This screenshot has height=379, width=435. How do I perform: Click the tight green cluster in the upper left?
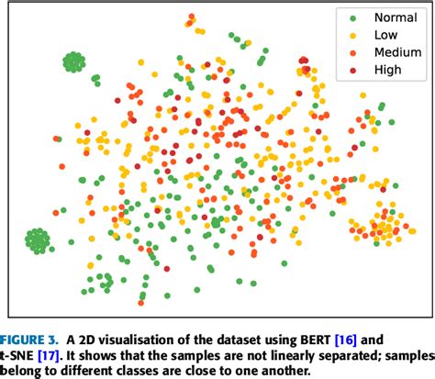[x=74, y=62]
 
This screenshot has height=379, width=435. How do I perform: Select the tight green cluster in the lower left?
[x=38, y=240]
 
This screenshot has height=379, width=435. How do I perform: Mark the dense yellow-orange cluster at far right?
[x=379, y=226]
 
